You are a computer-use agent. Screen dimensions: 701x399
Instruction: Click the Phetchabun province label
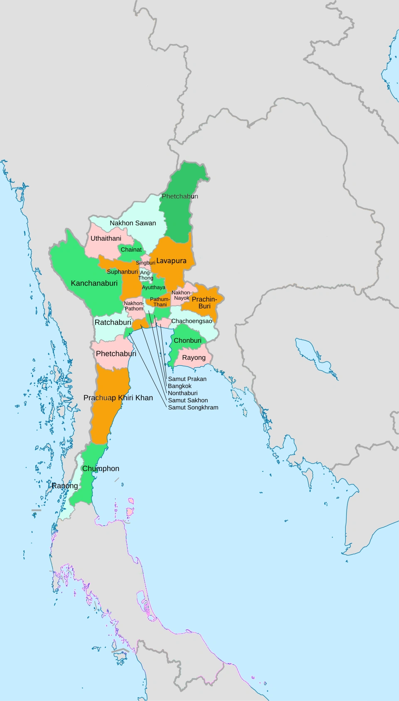(180, 196)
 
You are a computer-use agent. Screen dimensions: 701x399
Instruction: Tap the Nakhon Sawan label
(133, 223)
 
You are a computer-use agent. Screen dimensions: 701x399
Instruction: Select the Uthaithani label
(106, 239)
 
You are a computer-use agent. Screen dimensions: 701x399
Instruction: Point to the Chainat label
(131, 250)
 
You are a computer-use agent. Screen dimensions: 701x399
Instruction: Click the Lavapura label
(171, 261)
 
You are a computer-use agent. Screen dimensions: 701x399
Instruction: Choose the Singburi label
(145, 263)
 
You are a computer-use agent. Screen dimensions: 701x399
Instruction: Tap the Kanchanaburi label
(94, 283)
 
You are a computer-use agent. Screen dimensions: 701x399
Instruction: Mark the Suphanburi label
(122, 272)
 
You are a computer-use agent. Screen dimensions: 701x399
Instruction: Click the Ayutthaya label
(153, 288)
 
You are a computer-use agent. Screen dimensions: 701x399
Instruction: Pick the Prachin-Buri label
(204, 303)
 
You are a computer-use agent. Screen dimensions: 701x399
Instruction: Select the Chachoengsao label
(192, 321)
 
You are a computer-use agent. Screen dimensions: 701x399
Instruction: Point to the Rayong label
(194, 358)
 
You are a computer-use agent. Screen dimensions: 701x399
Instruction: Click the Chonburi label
(187, 341)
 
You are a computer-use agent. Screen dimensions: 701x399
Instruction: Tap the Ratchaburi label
(113, 322)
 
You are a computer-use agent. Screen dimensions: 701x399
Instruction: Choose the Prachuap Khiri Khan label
(118, 398)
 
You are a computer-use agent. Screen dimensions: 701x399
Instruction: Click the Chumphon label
(101, 469)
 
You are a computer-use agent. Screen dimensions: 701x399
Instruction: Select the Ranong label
(65, 486)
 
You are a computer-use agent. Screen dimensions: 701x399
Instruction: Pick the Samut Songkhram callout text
(193, 408)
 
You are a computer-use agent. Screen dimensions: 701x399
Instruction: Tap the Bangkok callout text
(180, 386)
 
